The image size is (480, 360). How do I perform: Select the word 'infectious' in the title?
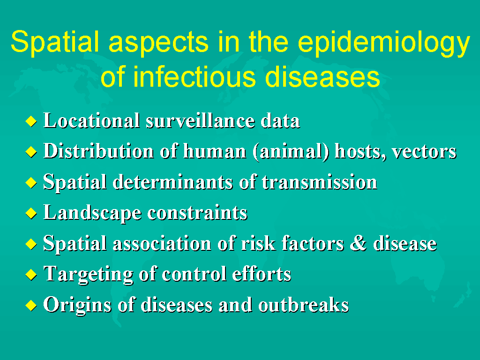coord(195,76)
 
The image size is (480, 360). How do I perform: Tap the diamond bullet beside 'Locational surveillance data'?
coord(31,121)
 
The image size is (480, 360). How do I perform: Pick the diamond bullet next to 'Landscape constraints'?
coord(31,213)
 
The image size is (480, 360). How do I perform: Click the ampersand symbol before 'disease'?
coord(358,243)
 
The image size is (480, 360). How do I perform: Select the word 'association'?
coord(162,244)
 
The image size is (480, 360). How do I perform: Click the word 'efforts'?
coord(262,274)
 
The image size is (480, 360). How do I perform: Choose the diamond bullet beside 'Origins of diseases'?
coord(31,306)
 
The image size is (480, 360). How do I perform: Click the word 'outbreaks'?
coord(303,305)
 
